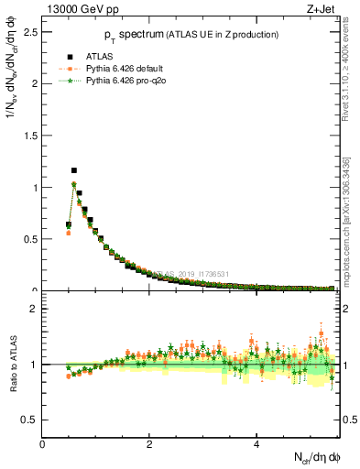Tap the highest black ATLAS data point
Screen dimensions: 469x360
(74, 170)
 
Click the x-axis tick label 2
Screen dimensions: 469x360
(149, 444)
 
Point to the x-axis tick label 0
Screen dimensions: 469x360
(43, 444)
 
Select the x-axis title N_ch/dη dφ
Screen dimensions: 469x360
(311, 457)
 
